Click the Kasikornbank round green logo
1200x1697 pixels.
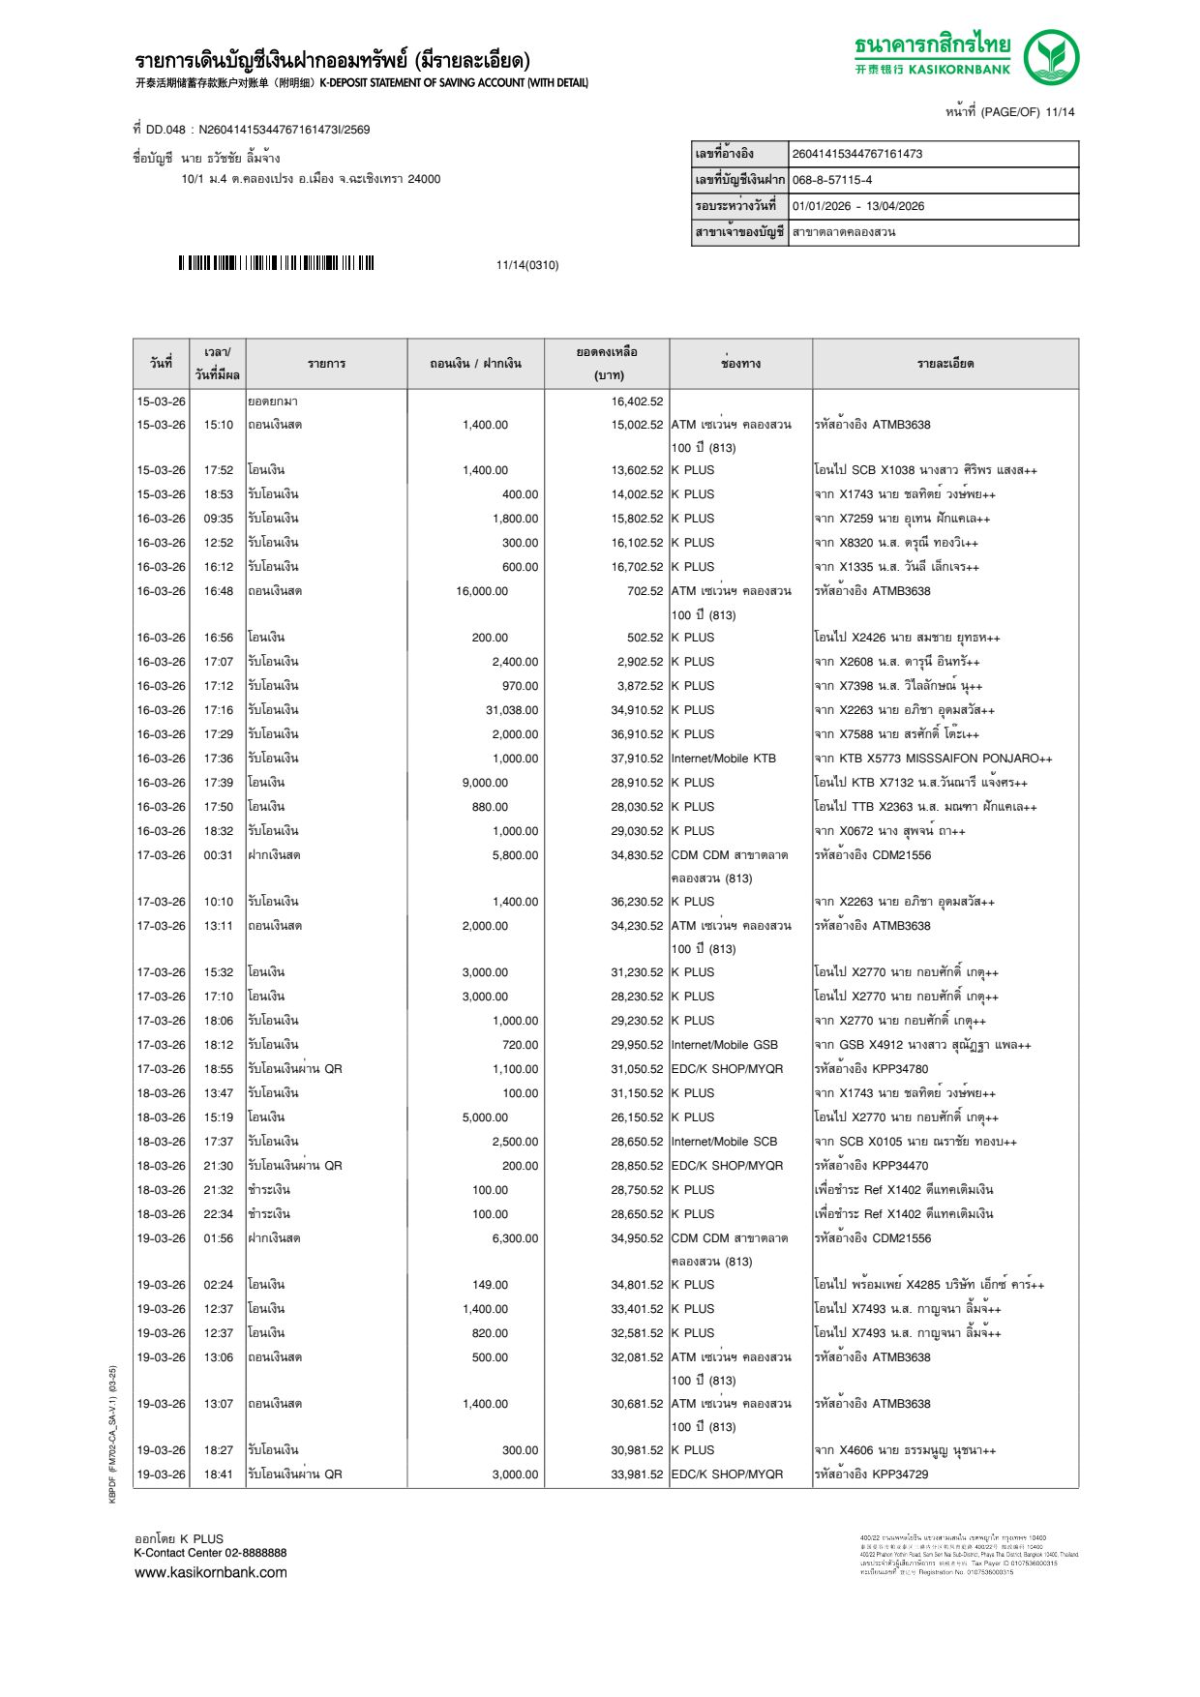pyautogui.click(x=1051, y=56)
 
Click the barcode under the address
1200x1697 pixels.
pyautogui.click(x=276, y=263)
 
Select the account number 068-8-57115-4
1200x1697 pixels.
pyautogui.click(x=831, y=180)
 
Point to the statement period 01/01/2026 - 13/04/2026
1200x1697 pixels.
pyautogui.click(x=857, y=206)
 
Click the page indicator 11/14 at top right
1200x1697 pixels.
pyautogui.click(x=1060, y=112)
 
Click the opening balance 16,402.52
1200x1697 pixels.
pyautogui.click(x=637, y=402)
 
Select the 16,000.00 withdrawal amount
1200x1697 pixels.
pyautogui.click(x=482, y=591)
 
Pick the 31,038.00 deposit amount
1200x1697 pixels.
pyautogui.click(x=512, y=710)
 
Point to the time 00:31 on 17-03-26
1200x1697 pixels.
pyautogui.click(x=218, y=855)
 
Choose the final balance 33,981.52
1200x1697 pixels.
pyautogui.click(x=637, y=1474)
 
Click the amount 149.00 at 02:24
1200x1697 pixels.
pyautogui.click(x=490, y=1285)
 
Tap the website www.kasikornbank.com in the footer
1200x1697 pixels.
pyautogui.click(x=210, y=1572)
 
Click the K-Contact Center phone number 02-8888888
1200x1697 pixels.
pyautogui.click(x=255, y=1553)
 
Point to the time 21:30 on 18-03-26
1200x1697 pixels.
pyautogui.click(x=218, y=1166)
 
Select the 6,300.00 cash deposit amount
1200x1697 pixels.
pyautogui.click(x=515, y=1238)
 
